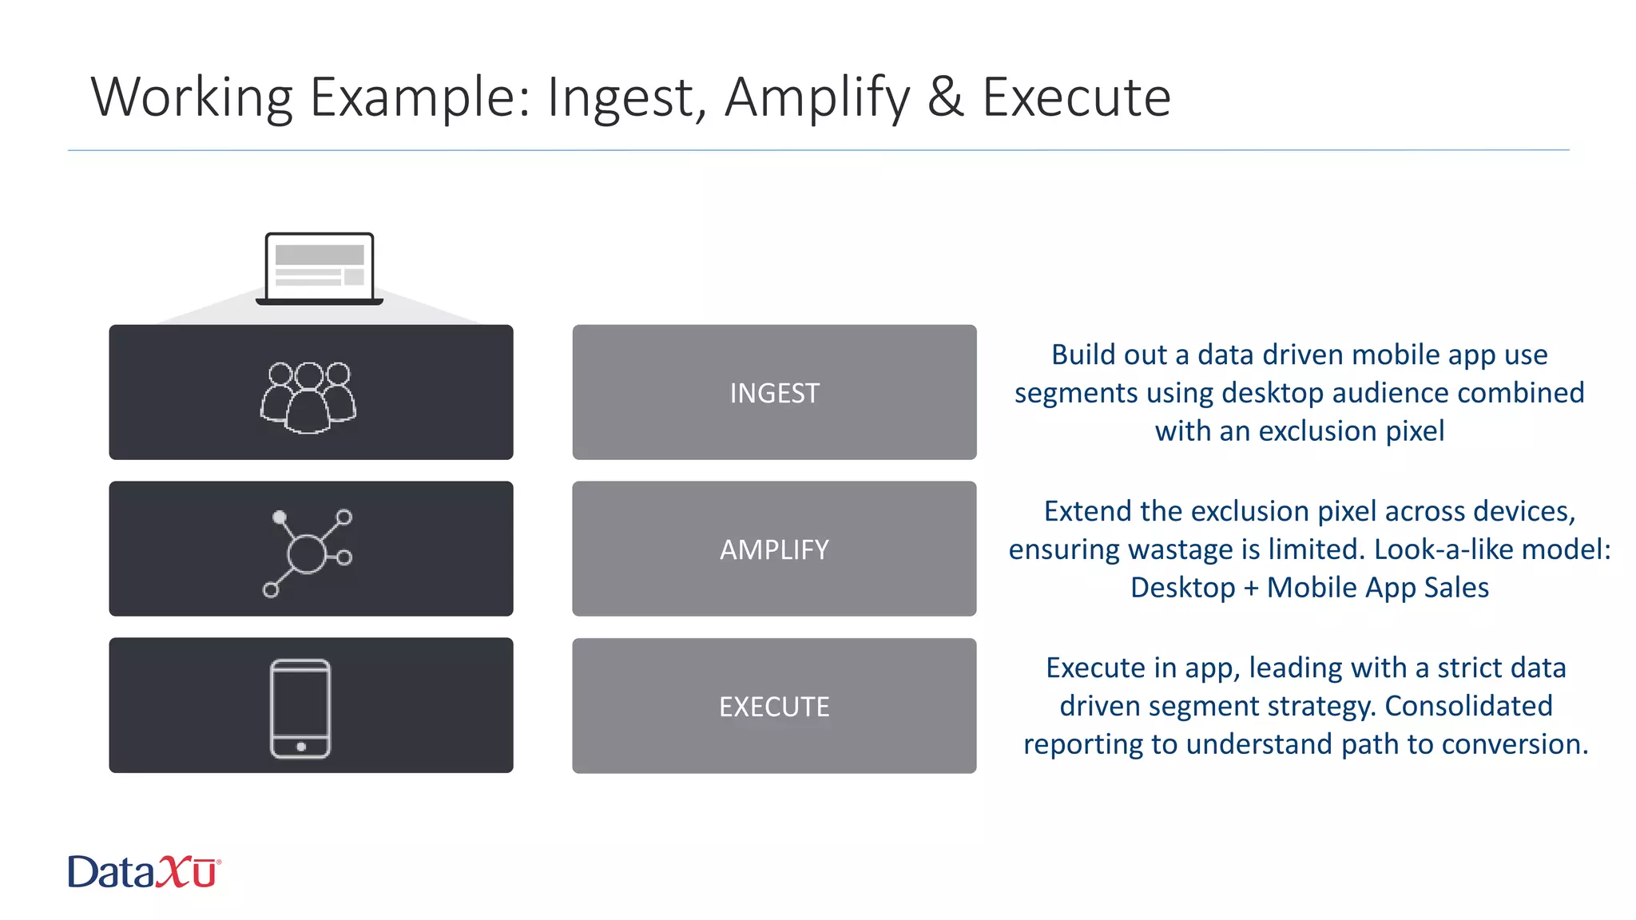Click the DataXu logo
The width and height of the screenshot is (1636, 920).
click(x=144, y=871)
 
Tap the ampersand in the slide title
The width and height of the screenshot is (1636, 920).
click(x=945, y=97)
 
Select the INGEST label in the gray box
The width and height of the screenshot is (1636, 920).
click(x=774, y=393)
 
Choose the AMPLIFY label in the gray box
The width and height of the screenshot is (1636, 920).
click(x=774, y=549)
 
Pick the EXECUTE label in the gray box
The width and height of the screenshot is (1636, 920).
click(x=774, y=707)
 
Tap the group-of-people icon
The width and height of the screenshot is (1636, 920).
click(x=308, y=397)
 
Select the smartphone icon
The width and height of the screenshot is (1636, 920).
click(x=300, y=708)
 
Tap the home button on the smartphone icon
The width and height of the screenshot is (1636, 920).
click(x=301, y=747)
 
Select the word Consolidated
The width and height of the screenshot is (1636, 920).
click(x=1468, y=706)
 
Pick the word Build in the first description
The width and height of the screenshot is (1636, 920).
click(x=1079, y=355)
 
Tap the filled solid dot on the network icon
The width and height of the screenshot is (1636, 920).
click(x=280, y=517)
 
